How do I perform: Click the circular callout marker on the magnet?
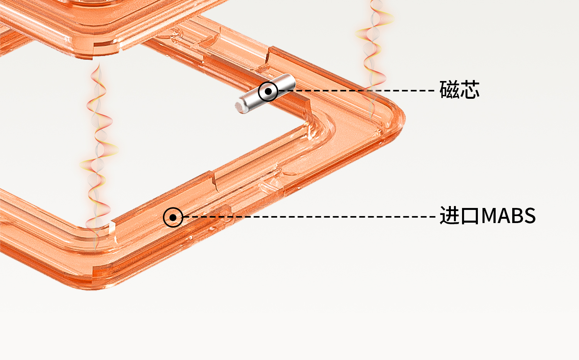268,92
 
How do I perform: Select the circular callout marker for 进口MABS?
173,217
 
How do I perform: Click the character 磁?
449,90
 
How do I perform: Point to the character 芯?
470,90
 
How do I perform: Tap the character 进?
450,216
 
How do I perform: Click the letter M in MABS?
490,216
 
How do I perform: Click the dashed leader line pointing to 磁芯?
359,91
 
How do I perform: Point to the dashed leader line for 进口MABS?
309,217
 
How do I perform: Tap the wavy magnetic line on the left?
98,154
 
